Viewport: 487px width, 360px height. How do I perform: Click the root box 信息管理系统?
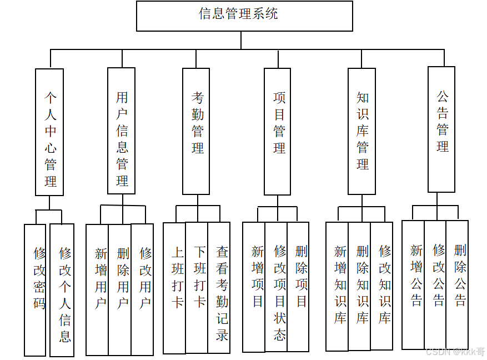click(x=244, y=16)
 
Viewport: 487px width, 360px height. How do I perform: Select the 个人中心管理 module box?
click(x=49, y=132)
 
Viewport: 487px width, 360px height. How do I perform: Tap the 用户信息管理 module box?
click(x=121, y=131)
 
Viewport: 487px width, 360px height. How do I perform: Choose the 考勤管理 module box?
click(x=196, y=131)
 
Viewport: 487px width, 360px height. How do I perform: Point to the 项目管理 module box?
click(x=277, y=131)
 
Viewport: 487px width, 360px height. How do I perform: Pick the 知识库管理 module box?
click(x=362, y=131)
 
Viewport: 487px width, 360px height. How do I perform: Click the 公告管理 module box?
click(x=441, y=129)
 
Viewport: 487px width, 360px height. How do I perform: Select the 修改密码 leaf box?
click(x=35, y=289)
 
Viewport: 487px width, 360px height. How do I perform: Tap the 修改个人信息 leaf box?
click(x=62, y=289)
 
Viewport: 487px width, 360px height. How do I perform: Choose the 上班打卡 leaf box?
click(x=174, y=288)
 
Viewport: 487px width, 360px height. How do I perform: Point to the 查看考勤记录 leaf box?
click(x=219, y=288)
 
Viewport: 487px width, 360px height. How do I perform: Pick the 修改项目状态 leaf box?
click(x=276, y=287)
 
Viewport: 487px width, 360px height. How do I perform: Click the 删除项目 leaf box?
click(x=298, y=287)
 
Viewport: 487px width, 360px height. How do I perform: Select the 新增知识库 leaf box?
click(x=337, y=287)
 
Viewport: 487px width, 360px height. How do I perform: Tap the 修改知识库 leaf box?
click(x=382, y=286)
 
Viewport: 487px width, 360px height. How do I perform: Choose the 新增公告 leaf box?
click(x=413, y=285)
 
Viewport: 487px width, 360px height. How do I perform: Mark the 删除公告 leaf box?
click(x=458, y=285)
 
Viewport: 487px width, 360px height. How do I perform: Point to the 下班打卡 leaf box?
click(x=197, y=288)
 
